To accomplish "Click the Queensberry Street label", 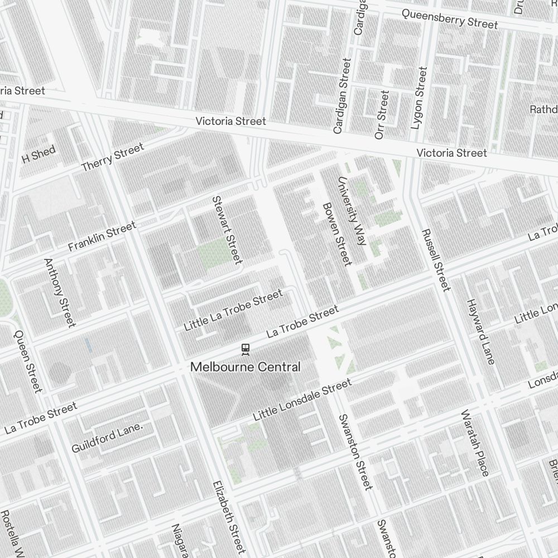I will click(x=449, y=19).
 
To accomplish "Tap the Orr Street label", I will click(x=382, y=115).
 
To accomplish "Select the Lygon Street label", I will click(x=418, y=98).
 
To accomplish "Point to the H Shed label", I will click(x=39, y=154).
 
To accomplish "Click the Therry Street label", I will click(x=112, y=157).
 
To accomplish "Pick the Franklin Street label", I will click(x=102, y=236).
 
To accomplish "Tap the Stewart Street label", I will click(x=227, y=229).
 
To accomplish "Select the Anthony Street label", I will click(x=59, y=292).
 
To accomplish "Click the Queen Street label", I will click(x=28, y=360).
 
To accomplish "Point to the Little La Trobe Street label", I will click(x=233, y=310).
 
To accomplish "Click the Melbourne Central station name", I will click(x=246, y=367).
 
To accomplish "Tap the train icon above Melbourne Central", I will click(x=244, y=349).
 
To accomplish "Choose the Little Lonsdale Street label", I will click(x=302, y=400).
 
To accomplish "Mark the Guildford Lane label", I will click(x=107, y=439).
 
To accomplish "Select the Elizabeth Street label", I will click(x=229, y=516).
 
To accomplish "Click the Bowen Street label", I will click(x=337, y=234).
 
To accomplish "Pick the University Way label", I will click(x=351, y=211).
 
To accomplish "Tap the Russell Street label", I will click(x=435, y=260).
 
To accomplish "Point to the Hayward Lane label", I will click(x=480, y=331).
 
